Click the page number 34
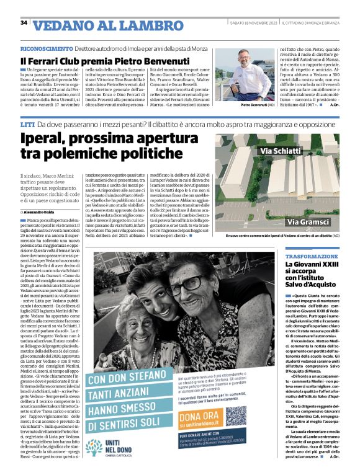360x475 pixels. (24, 23)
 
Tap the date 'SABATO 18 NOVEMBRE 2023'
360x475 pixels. (252, 23)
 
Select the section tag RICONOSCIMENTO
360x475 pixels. (47, 48)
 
